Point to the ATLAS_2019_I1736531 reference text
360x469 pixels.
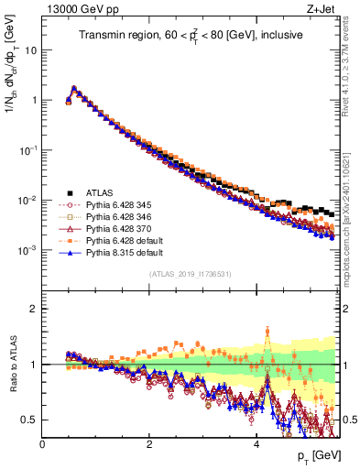coord(191,274)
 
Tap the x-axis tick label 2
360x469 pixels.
coord(149,442)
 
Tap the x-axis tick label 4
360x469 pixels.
coord(256,442)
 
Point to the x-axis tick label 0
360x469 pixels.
coord(42,442)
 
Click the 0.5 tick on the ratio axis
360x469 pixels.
coord(30,420)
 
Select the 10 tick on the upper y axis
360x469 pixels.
coord(30,50)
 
